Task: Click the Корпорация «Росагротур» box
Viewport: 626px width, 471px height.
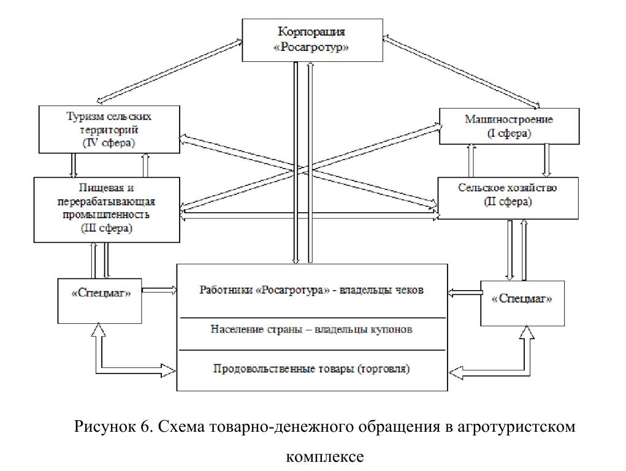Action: [313, 39]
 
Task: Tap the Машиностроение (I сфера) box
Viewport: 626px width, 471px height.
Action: [508, 126]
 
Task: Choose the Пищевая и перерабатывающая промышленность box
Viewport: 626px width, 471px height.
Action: [107, 208]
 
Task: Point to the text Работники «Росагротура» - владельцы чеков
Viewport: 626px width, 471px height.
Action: [311, 290]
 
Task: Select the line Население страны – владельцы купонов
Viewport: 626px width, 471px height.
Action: [311, 329]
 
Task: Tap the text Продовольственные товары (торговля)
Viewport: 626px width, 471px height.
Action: [311, 369]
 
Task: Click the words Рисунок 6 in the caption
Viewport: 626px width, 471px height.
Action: [113, 427]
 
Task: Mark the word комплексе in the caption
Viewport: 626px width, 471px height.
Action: [325, 456]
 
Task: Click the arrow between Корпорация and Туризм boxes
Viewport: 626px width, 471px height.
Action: [169, 71]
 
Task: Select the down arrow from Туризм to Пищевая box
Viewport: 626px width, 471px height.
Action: [73, 165]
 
